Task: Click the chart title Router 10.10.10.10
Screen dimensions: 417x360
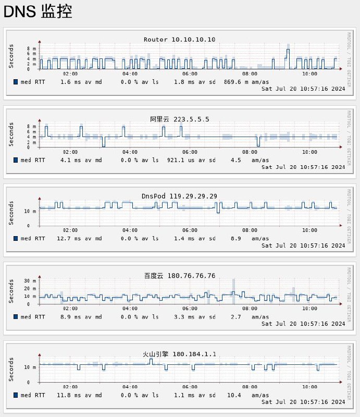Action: tap(179, 40)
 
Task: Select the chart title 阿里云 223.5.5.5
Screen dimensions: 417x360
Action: tap(180, 119)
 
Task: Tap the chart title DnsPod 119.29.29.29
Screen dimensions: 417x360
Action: tap(179, 196)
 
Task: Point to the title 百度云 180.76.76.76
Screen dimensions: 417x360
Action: tap(180, 276)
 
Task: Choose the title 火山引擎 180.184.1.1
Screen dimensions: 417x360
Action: tap(179, 354)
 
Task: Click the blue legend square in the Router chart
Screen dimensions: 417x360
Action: tap(16, 82)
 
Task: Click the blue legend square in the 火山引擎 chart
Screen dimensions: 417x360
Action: tap(16, 395)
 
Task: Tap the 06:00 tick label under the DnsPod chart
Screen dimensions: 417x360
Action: tap(190, 230)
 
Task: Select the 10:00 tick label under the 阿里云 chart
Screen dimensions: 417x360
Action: tap(309, 152)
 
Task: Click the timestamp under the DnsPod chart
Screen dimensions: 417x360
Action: tap(303, 245)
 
